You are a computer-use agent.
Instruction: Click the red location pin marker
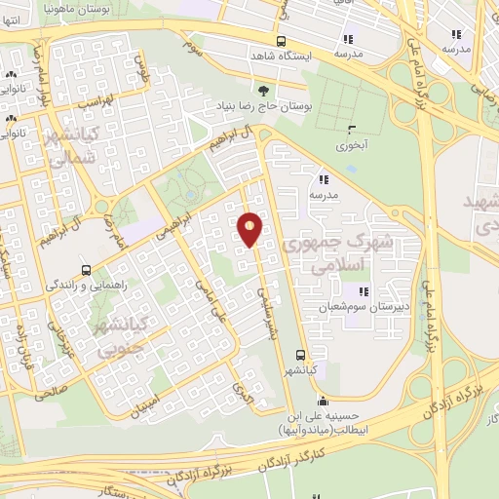pos(250,229)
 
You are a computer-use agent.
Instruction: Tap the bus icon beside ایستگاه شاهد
pos(282,41)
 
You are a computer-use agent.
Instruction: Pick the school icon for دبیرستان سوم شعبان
pos(363,291)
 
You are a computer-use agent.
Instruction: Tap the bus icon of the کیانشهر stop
pos(300,356)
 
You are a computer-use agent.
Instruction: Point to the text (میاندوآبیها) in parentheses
pos(306,430)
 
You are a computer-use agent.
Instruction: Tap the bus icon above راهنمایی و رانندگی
pos(87,270)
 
